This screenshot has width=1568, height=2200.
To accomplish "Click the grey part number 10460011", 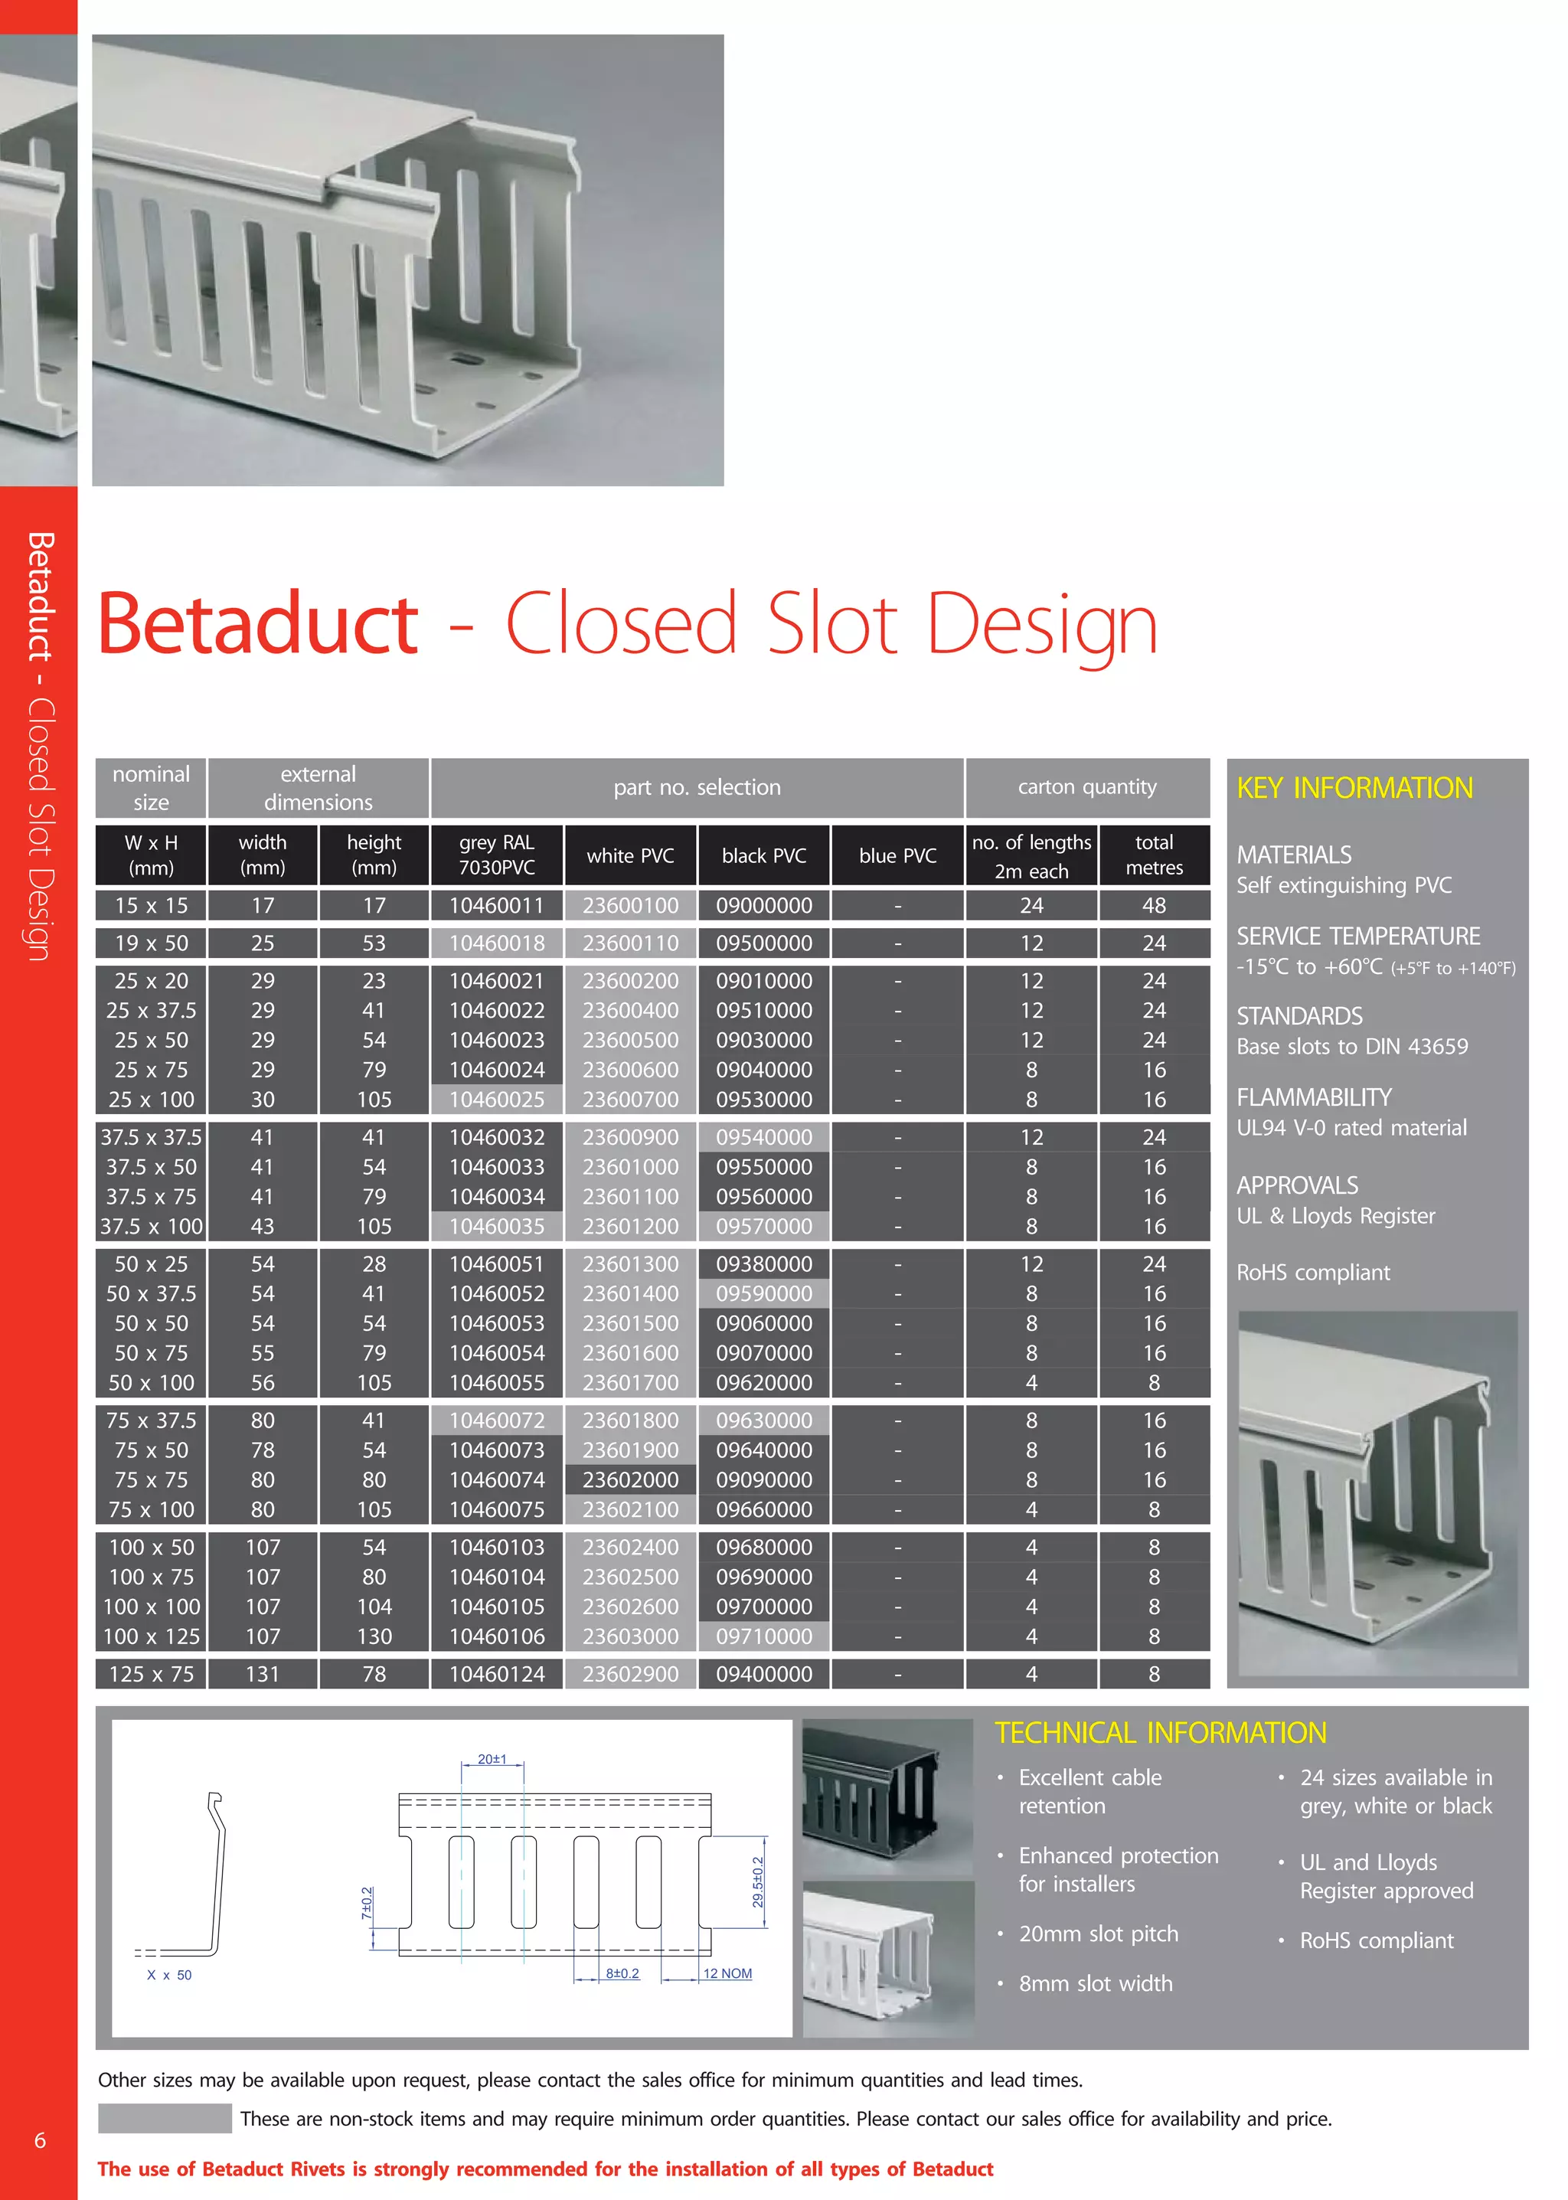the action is point(496,905).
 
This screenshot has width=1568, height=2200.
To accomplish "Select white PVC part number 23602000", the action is point(629,1479).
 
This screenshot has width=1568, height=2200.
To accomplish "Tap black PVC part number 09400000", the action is point(764,1674).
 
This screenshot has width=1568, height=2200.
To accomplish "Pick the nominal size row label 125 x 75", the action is point(151,1674).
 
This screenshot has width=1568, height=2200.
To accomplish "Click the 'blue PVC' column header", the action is point(897,855).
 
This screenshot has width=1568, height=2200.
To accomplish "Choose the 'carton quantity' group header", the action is point(1086,787).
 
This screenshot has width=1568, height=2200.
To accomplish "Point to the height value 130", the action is point(374,1636).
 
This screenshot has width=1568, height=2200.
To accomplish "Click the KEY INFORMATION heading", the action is point(1354,788).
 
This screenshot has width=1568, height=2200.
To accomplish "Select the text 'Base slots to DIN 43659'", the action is point(1352,1046).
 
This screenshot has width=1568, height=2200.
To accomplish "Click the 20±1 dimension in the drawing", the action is point(492,1759).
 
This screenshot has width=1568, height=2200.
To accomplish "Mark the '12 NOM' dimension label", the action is point(727,1973).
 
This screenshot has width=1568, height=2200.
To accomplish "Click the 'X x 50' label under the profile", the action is point(169,1975).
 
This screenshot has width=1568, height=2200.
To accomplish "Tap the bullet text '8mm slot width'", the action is point(1095,1983).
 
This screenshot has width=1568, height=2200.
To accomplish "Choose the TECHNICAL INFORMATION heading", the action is point(1160,1733).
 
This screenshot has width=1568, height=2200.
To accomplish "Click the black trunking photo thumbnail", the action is point(887,1796).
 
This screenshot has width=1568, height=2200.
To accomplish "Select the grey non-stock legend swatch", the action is point(164,2118).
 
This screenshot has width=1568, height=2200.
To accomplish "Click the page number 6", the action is point(40,2140).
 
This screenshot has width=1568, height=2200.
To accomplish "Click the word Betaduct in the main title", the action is point(258,624).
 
